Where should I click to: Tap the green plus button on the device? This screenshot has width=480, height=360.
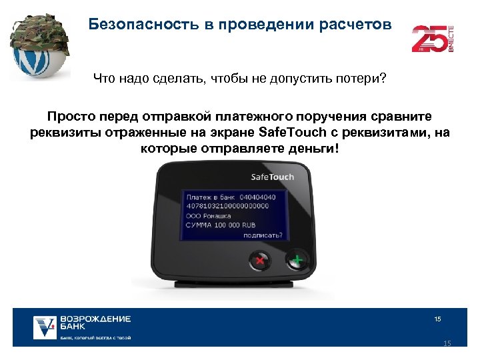coord(297,260)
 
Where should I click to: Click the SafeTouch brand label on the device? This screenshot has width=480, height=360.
coord(272,177)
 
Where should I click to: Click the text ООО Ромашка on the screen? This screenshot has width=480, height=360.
coord(209,216)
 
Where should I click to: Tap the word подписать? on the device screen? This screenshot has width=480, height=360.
coord(263,235)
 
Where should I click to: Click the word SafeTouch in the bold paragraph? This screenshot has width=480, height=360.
coord(293,131)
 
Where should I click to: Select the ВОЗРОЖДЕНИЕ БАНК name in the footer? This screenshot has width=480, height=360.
coord(95,323)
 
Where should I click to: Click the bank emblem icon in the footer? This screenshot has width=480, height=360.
coord(45,327)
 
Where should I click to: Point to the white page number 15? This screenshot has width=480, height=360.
coord(437,319)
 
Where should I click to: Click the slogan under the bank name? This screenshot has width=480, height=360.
coord(95,338)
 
